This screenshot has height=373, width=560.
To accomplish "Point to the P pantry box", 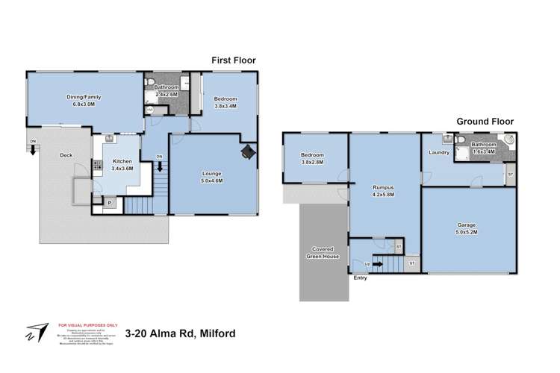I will pos(110,202).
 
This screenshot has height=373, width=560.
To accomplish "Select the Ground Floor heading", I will pos(485,121).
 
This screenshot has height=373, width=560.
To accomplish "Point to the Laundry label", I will pos(438,152).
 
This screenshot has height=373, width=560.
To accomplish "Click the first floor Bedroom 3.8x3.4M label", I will pos(225,102).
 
